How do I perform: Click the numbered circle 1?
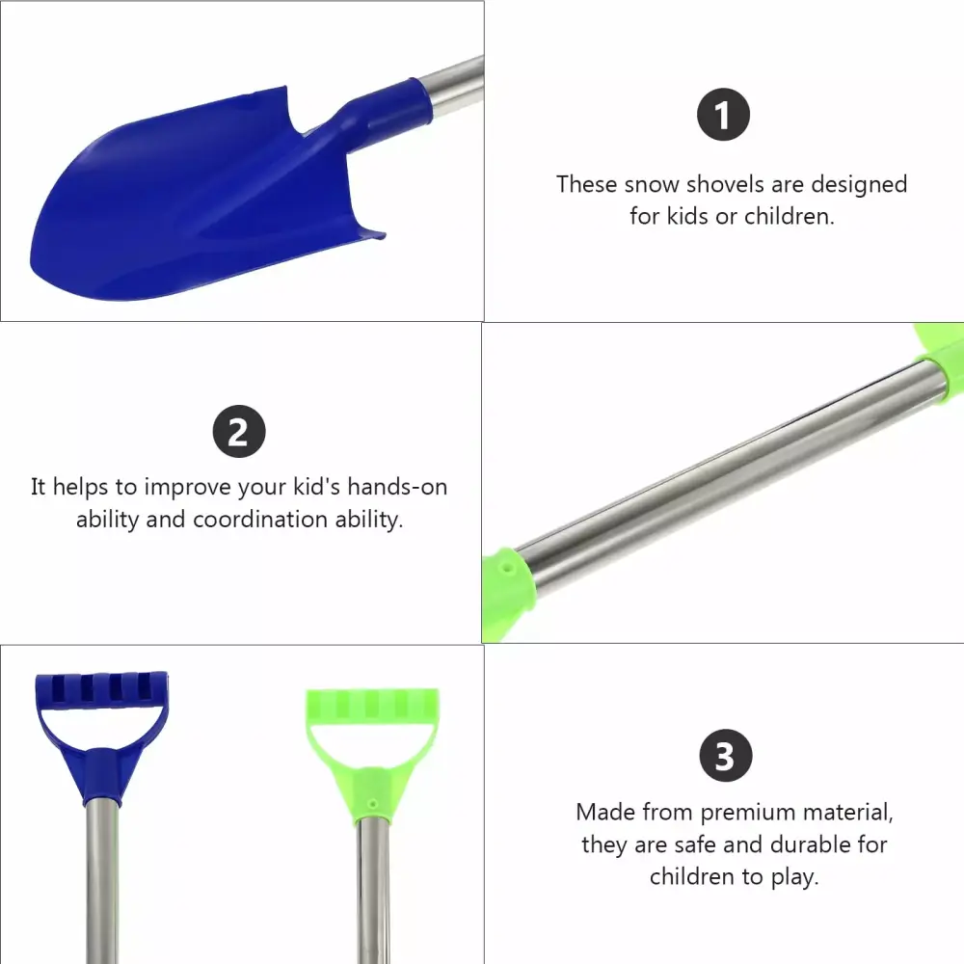pos(723,115)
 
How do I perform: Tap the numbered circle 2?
pos(239,432)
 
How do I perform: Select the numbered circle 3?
pos(726,756)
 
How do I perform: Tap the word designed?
pos(859,185)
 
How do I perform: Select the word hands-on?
pos(397,486)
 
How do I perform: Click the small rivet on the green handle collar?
pos(372,804)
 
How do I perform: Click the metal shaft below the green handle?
pos(373,892)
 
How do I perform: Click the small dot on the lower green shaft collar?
pos(507,569)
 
